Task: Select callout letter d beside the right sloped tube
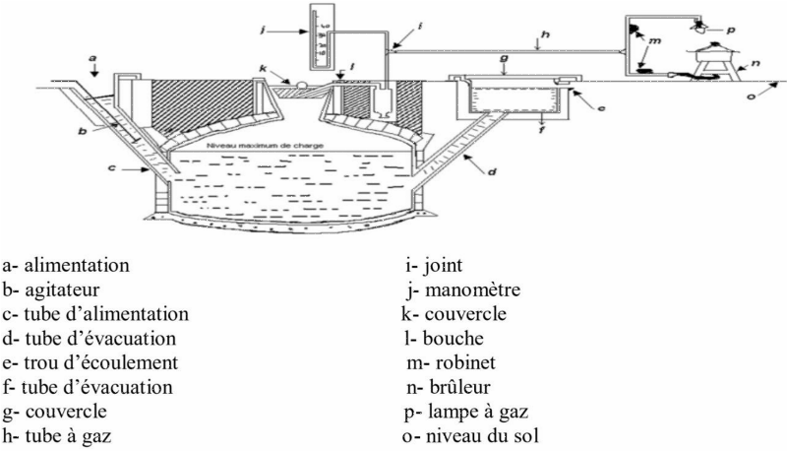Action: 492,172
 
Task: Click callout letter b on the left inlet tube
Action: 83,129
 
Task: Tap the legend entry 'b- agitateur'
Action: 58,290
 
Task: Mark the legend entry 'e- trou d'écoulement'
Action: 91,361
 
